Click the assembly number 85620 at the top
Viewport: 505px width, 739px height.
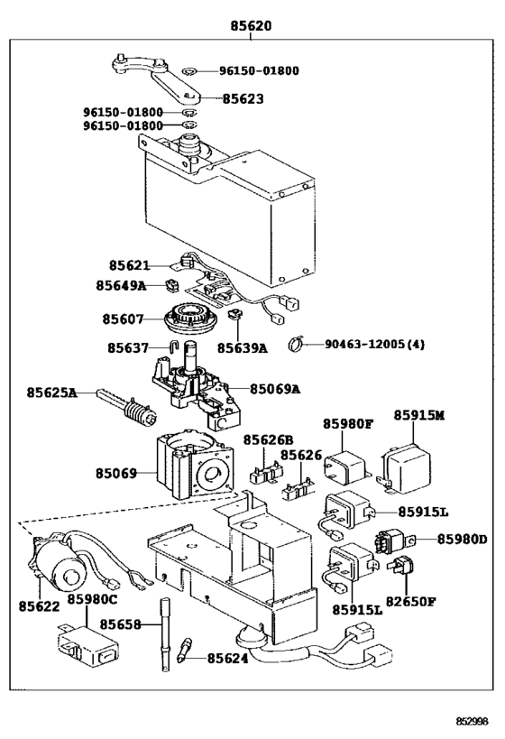pos(251,25)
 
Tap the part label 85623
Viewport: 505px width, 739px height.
pos(243,99)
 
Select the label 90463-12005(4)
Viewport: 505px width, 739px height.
pos(374,345)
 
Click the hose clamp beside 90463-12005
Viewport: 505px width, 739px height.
pos(296,344)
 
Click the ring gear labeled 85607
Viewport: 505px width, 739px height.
pos(190,319)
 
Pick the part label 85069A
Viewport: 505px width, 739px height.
pos(275,389)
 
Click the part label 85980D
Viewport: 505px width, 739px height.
pos(462,540)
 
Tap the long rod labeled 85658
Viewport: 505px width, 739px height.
pos(165,634)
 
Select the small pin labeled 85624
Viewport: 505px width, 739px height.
pos(185,650)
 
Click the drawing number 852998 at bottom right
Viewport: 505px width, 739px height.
pos(472,721)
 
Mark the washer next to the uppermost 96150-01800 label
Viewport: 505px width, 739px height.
pos(189,71)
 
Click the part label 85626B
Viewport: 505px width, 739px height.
pos(268,440)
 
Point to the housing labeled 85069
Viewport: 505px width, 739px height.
pos(195,466)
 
